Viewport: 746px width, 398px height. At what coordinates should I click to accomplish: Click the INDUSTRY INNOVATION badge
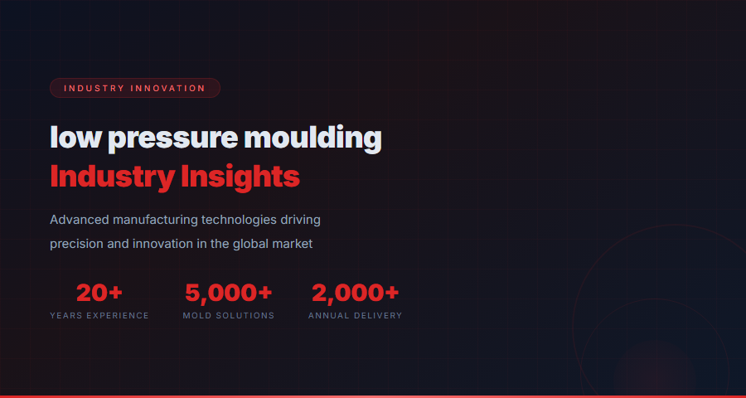click(134, 88)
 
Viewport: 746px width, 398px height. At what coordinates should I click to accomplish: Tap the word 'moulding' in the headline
click(313, 138)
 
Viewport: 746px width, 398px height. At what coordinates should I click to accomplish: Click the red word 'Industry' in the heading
click(111, 177)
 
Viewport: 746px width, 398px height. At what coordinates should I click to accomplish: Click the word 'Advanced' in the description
click(80, 220)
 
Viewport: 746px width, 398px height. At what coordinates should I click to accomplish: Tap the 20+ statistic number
click(99, 293)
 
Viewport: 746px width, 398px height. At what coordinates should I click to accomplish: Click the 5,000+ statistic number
click(228, 293)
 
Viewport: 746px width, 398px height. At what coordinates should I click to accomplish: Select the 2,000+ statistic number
click(355, 293)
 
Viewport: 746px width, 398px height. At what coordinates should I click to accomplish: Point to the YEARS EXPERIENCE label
click(99, 316)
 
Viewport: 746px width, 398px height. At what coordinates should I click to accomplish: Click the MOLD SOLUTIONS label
click(228, 316)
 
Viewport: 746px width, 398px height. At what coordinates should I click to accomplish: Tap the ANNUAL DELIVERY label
click(355, 316)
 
